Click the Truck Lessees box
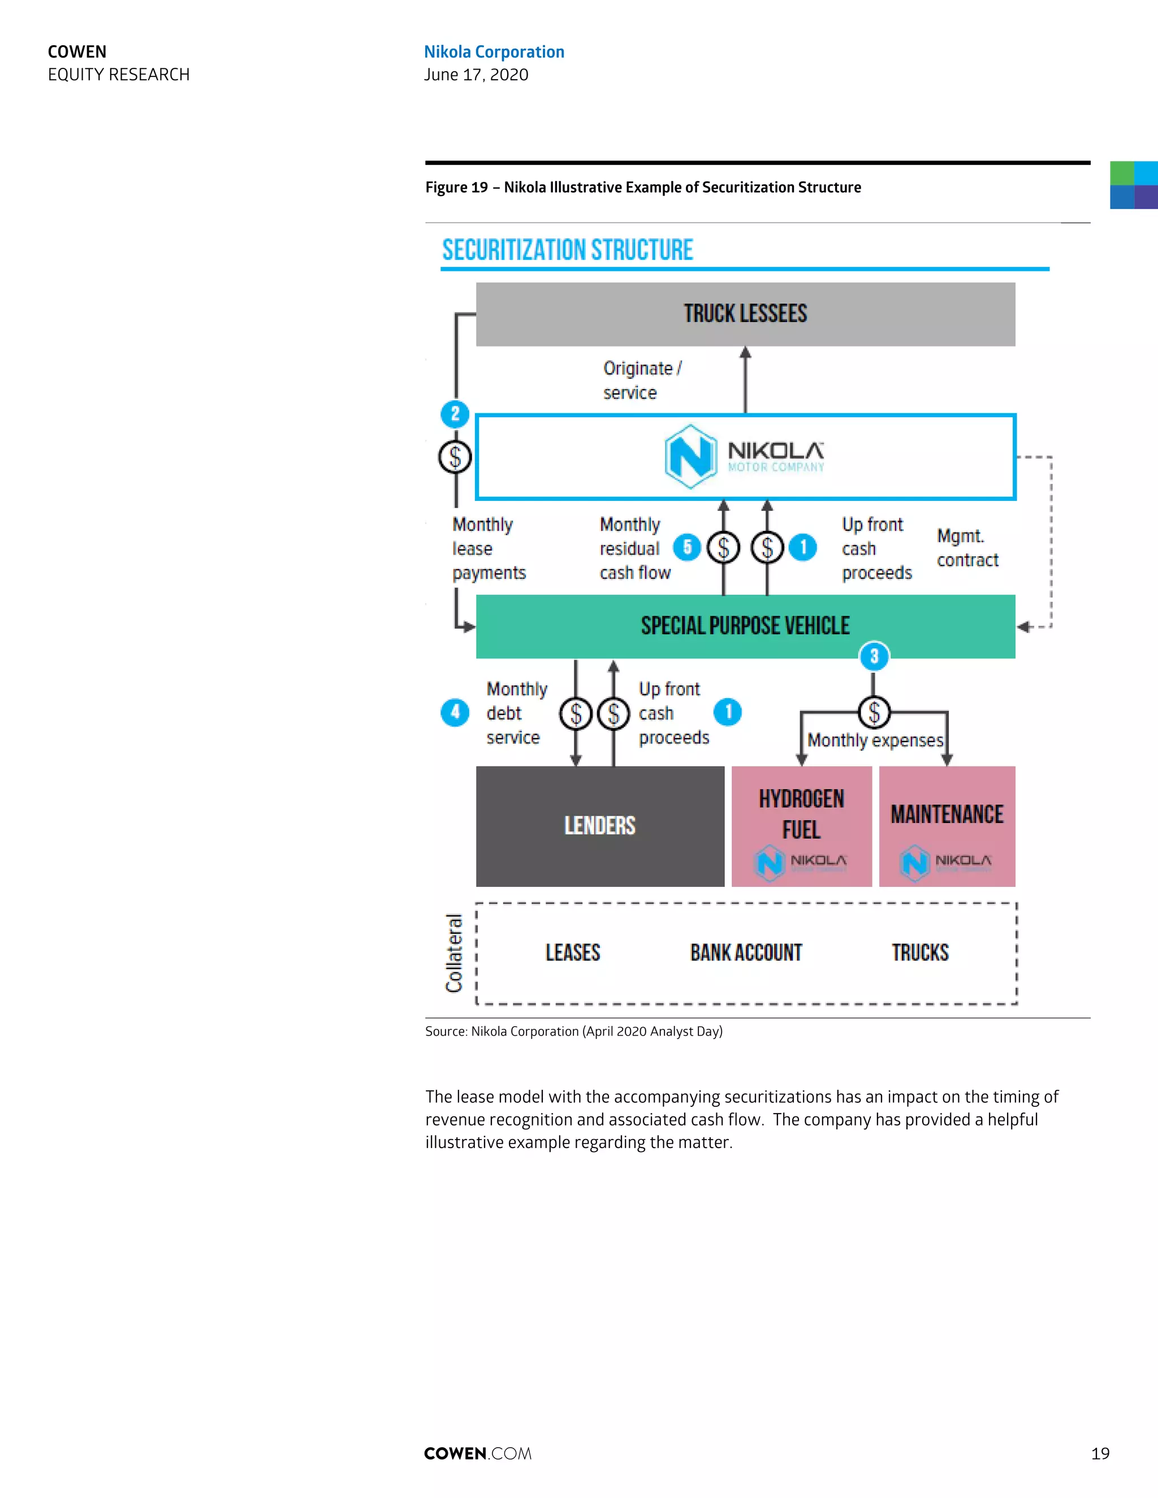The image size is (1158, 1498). pyautogui.click(x=745, y=314)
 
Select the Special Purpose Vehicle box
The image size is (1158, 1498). pyautogui.click(x=745, y=626)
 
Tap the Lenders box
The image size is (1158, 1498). pyautogui.click(x=599, y=826)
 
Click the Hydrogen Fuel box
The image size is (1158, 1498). pyautogui.click(x=801, y=826)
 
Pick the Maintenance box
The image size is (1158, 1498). pyautogui.click(x=947, y=826)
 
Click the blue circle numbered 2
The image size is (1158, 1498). pyautogui.click(x=455, y=414)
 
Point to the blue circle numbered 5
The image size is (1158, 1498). pyautogui.click(x=686, y=547)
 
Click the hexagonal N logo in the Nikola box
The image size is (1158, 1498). pyautogui.click(x=691, y=456)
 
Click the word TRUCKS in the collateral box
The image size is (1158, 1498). pyautogui.click(x=920, y=953)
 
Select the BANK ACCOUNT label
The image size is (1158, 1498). pyautogui.click(x=746, y=953)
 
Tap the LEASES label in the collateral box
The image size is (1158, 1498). pyautogui.click(x=573, y=953)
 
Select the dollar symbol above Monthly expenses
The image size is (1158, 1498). pyautogui.click(x=874, y=712)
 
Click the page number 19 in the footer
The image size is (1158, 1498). pyautogui.click(x=1100, y=1453)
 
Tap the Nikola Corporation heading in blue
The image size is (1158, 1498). pyautogui.click(x=494, y=52)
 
